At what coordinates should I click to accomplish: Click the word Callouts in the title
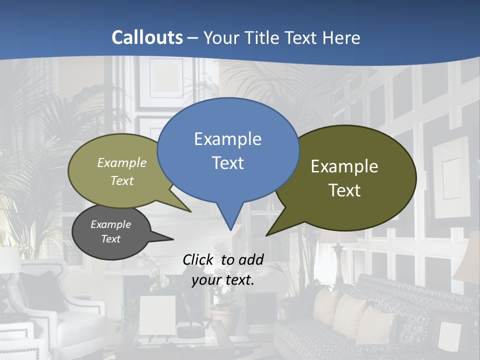(147, 37)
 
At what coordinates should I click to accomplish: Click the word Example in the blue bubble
(228, 139)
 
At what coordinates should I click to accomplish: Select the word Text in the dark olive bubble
(344, 190)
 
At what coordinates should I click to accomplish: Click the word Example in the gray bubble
(111, 224)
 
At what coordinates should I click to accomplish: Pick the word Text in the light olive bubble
(122, 181)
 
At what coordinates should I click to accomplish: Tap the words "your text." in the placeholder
(223, 280)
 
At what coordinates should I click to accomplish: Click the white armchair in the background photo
(75, 310)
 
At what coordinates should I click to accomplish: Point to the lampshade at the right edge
(467, 260)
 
